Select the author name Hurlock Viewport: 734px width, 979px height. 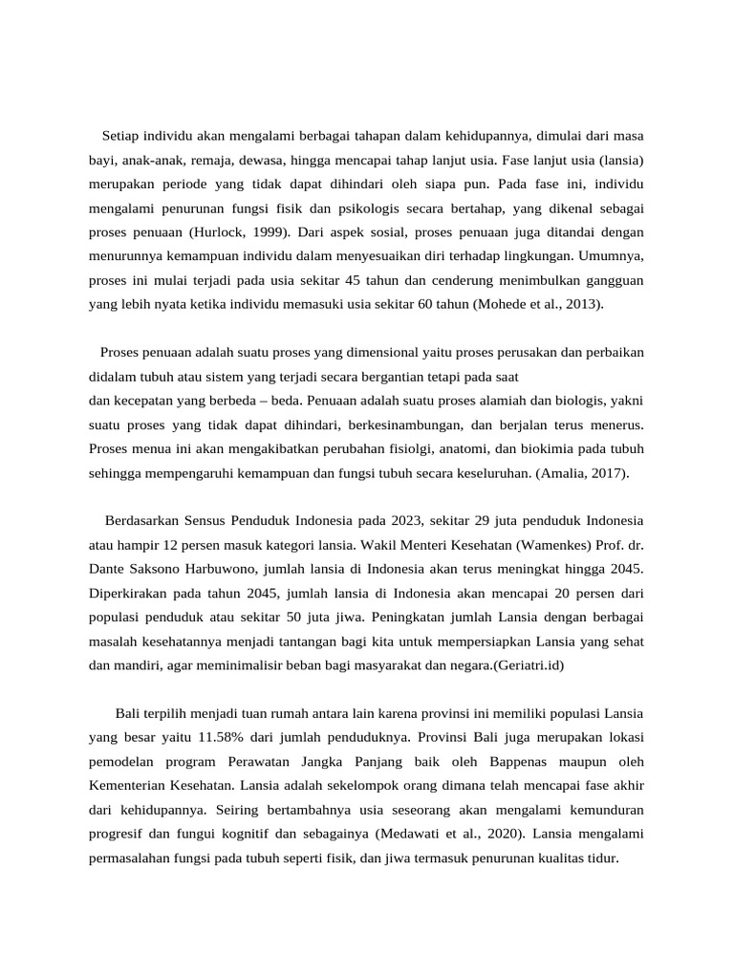click(220, 231)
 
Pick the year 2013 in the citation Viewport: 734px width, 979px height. click(582, 304)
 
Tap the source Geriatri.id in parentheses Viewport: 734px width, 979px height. click(526, 665)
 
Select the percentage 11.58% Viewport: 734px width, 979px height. click(224, 737)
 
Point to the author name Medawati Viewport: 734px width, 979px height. click(412, 835)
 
